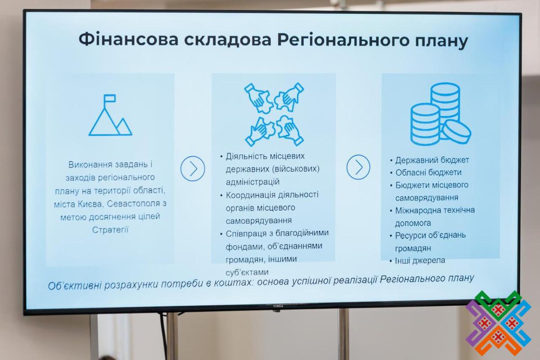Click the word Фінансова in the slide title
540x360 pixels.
pyautogui.click(x=129, y=40)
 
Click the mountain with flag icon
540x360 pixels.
pyautogui.click(x=110, y=115)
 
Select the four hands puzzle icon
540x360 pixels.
pyautogui.click(x=274, y=114)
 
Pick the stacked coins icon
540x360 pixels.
pyautogui.click(x=441, y=114)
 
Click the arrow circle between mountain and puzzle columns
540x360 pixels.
pyautogui.click(x=193, y=169)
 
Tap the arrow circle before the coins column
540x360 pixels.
pyautogui.click(x=358, y=167)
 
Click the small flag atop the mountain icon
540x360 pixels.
pyautogui.click(x=109, y=99)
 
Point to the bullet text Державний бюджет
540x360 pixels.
pyautogui.click(x=432, y=160)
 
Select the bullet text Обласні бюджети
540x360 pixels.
pyautogui.click(x=428, y=172)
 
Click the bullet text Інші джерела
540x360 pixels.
pyautogui.click(x=420, y=261)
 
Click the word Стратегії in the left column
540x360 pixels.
pyautogui.click(x=110, y=230)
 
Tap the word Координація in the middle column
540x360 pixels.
pyautogui.click(x=251, y=195)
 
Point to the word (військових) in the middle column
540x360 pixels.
pyautogui.click(x=296, y=169)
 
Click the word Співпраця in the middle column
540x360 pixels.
pyautogui.click(x=246, y=234)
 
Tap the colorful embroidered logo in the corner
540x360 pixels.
pyautogui.click(x=498, y=323)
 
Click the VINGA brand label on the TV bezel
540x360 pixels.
pyautogui.click(x=278, y=306)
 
